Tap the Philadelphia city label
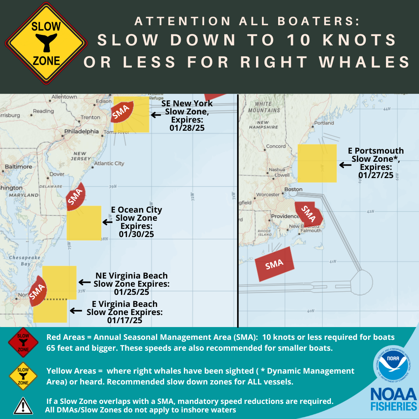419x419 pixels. pos(81,132)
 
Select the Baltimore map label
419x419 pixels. pos(18,167)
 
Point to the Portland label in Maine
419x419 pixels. pos(324,123)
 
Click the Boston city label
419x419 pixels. pos(293,189)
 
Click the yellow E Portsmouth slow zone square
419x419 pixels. pos(317,163)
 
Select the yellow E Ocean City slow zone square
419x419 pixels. pos(84,223)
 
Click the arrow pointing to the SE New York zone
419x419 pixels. pos(156,115)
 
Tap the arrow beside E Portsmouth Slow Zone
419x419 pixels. pos(345,165)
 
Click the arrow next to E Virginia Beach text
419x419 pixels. pos(76,311)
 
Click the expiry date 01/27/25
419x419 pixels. pos(376,175)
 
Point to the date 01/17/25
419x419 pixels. pos(125,321)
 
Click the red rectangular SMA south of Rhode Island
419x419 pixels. pos(275,264)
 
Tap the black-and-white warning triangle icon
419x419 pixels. pos(23,405)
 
